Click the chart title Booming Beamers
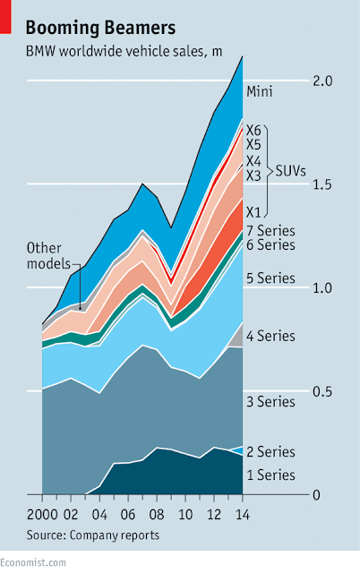tap(100, 28)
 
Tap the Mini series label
tap(260, 91)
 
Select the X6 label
tap(253, 130)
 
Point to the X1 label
tap(253, 212)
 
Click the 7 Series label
tap(270, 231)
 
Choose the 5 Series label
tap(270, 278)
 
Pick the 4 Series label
tap(270, 337)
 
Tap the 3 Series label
tap(270, 402)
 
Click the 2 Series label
tap(270, 452)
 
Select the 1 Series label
tap(270, 475)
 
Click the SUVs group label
tap(290, 171)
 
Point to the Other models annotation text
tap(48, 256)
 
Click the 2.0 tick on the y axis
tap(322, 81)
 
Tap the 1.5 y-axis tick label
tap(322, 184)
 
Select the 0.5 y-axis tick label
tap(322, 392)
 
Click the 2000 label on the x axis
tap(42, 515)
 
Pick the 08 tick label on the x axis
tap(157, 515)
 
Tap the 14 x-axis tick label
tap(243, 515)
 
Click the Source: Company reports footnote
tap(93, 535)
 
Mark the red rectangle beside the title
tap(5, 17)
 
